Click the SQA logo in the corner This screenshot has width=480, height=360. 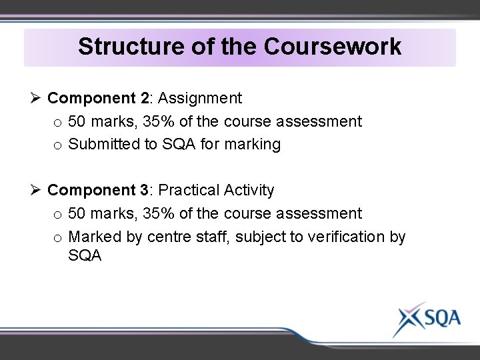[x=427, y=318]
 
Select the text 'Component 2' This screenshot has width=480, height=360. [x=98, y=99]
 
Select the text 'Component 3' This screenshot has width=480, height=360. [x=98, y=191]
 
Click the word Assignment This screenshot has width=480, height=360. [x=200, y=99]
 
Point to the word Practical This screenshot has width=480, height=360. [x=189, y=191]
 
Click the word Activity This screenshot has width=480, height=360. [x=249, y=191]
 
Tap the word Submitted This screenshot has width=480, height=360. [x=104, y=145]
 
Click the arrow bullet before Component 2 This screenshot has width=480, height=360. [x=36, y=99]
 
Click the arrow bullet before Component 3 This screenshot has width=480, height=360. [x=36, y=191]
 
